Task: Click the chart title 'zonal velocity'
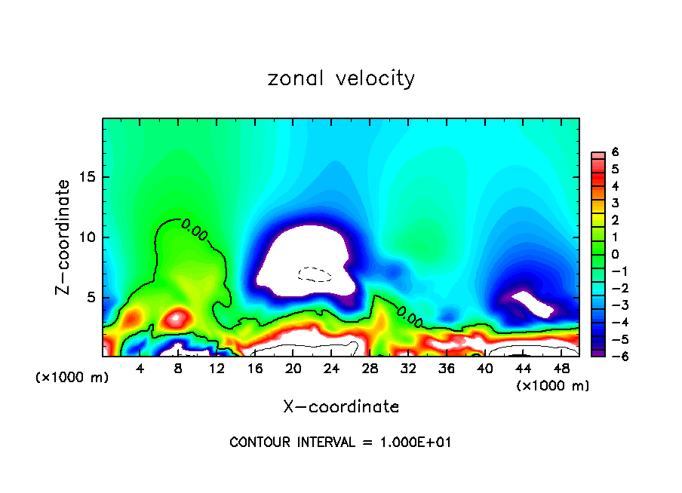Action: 341,78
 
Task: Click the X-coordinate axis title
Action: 341,407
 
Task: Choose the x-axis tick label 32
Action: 408,369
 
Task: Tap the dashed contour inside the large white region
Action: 315,274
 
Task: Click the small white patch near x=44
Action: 533,304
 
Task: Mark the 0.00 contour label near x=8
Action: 194,233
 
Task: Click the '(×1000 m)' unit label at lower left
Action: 72,378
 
